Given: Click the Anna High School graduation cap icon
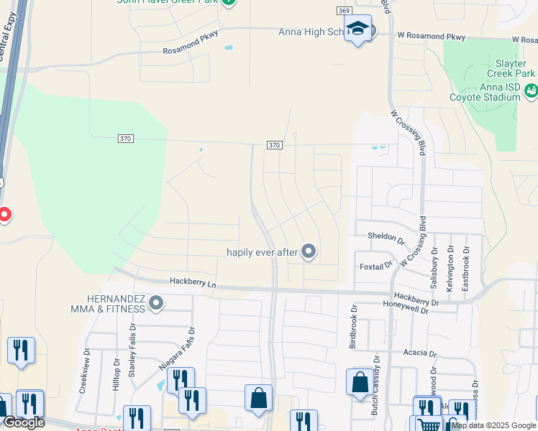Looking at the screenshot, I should [x=357, y=29].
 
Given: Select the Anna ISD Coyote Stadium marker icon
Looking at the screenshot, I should [x=531, y=91].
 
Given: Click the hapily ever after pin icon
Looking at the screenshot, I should [x=309, y=251].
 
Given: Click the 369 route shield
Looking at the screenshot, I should [x=343, y=10].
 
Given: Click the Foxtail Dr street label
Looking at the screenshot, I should [x=375, y=266].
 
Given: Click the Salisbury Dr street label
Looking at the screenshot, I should [x=434, y=267].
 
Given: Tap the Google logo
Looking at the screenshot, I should [x=23, y=422].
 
